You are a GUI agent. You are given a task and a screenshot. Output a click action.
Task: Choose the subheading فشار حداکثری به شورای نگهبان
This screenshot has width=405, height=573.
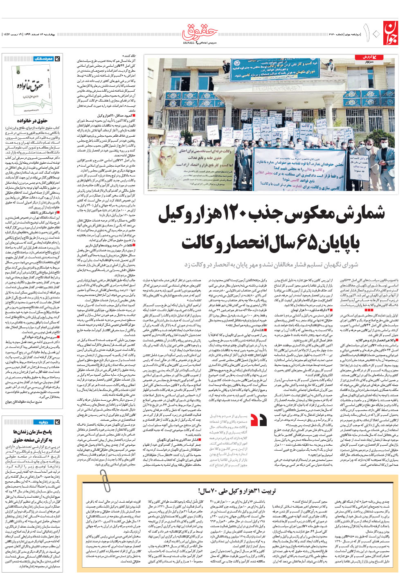pyautogui.click(x=176, y=440)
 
